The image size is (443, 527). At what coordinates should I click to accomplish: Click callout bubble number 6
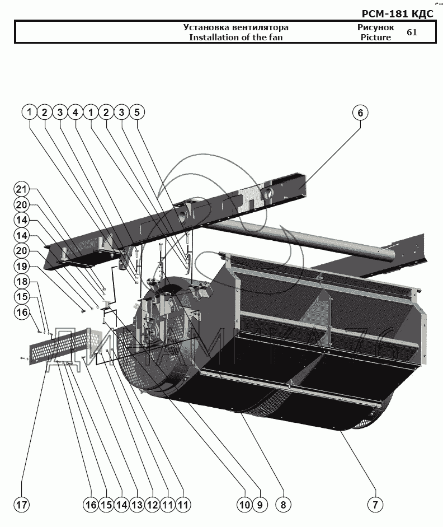[x=360, y=113]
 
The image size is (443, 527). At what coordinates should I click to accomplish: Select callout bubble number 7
[x=375, y=504]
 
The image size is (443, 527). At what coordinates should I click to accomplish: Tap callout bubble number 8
[x=283, y=504]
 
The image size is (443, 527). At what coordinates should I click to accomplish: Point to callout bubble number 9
[x=260, y=504]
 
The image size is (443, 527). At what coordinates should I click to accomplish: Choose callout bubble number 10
[x=244, y=504]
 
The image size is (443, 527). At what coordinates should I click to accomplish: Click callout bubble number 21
[x=21, y=189]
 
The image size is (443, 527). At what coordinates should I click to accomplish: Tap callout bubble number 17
[x=21, y=504]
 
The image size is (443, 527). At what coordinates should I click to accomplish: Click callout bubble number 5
[x=136, y=113]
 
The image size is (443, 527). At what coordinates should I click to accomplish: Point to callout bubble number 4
[x=75, y=113]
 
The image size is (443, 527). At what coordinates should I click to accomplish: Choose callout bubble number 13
[x=136, y=504]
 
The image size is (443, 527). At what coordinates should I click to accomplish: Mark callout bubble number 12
[x=152, y=504]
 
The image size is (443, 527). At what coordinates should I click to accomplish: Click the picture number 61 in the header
[x=412, y=32]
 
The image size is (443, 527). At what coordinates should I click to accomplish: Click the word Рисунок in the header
[x=375, y=27]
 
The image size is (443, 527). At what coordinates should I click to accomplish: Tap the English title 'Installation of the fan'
[x=235, y=38]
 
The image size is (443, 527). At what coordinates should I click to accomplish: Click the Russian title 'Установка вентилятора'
[x=235, y=27]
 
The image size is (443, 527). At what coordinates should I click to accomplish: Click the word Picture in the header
[x=375, y=38]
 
